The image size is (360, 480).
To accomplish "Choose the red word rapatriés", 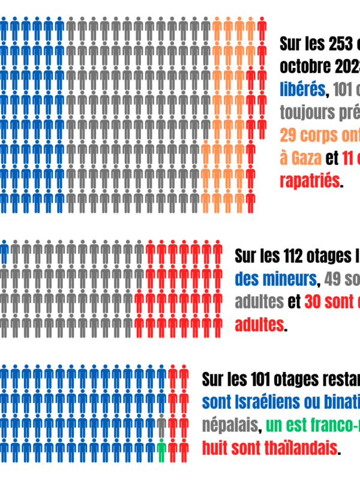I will tap(309, 181).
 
